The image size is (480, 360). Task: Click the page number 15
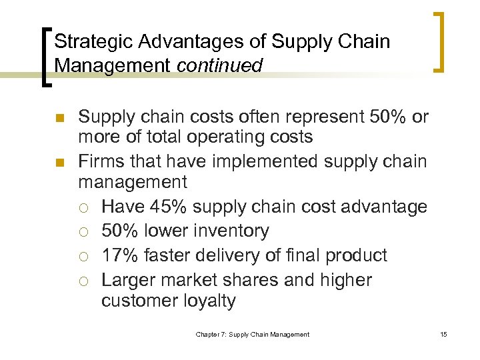point(443,334)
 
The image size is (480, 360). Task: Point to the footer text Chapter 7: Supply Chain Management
point(252,334)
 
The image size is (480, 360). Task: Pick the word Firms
point(98,161)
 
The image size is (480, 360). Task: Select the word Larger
point(130,280)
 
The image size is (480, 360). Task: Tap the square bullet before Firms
point(59,161)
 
